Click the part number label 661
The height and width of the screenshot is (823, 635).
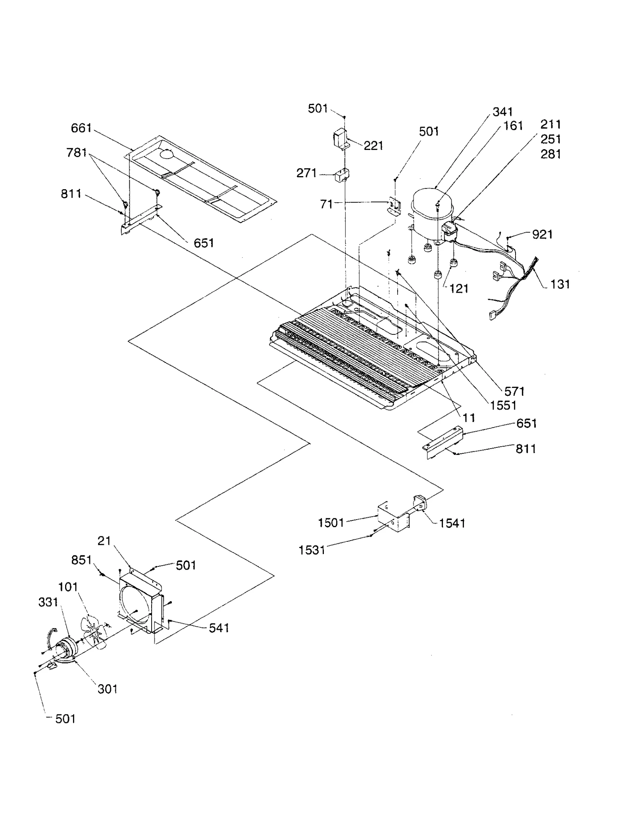tap(81, 128)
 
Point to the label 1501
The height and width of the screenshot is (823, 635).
tap(331, 523)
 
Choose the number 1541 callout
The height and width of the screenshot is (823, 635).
tap(452, 523)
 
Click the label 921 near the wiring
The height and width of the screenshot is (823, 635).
tap(542, 234)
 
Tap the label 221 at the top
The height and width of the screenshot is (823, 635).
tap(373, 146)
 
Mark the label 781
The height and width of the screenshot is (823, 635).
tap(77, 152)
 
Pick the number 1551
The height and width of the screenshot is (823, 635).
tap(503, 405)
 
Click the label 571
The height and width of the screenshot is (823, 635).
tap(514, 391)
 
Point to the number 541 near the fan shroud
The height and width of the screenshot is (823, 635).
tap(219, 627)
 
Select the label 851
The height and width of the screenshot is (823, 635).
tap(81, 560)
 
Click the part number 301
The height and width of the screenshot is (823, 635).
tap(108, 689)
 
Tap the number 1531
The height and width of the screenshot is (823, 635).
tap(312, 550)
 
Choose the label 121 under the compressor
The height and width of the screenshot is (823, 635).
tap(459, 288)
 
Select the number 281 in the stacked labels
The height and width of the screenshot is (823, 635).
tap(551, 154)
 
